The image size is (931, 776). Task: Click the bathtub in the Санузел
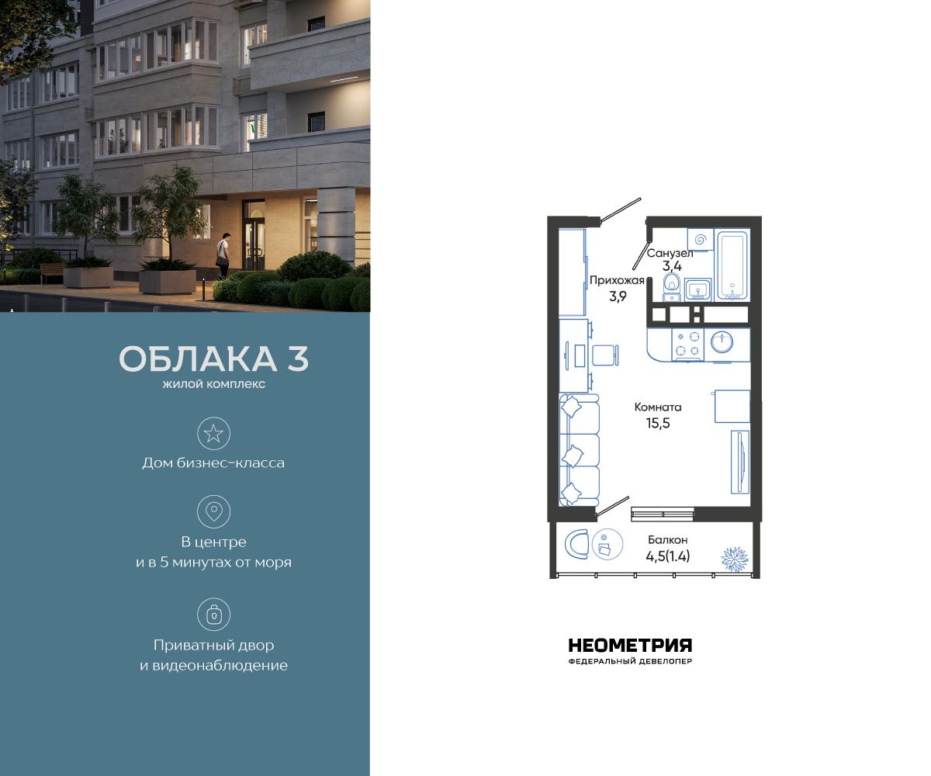pyautogui.click(x=731, y=265)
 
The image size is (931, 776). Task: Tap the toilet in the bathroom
pyautogui.click(x=671, y=286)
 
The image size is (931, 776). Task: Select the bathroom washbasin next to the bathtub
pyautogui.click(x=698, y=289)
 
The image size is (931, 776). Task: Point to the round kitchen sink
pyautogui.click(x=722, y=342)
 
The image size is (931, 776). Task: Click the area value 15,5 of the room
pyautogui.click(x=657, y=423)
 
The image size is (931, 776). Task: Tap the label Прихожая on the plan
pyautogui.click(x=617, y=280)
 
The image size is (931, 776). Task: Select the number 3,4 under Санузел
pyautogui.click(x=672, y=265)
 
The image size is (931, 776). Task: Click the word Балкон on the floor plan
pyautogui.click(x=667, y=539)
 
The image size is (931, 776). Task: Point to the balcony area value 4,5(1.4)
pyautogui.click(x=667, y=556)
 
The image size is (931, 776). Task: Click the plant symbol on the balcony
pyautogui.click(x=733, y=558)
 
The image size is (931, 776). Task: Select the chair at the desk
pyautogui.click(x=605, y=355)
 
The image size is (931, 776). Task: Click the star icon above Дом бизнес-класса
pyautogui.click(x=213, y=433)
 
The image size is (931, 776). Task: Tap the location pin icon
pyautogui.click(x=213, y=511)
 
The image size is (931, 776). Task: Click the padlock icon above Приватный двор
pyautogui.click(x=213, y=615)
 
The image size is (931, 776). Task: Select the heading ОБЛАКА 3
pyautogui.click(x=213, y=359)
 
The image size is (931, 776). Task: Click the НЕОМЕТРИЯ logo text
pyautogui.click(x=630, y=646)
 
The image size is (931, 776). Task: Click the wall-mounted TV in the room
pyautogui.click(x=739, y=462)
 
